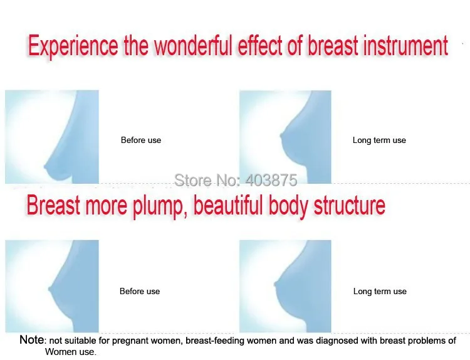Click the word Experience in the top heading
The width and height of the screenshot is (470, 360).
pyautogui.click(x=73, y=46)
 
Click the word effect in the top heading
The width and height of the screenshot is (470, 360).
pyautogui.click(x=260, y=45)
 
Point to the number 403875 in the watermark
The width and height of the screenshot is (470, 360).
pyautogui.click(x=271, y=180)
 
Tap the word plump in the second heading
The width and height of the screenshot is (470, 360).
pyautogui.click(x=158, y=206)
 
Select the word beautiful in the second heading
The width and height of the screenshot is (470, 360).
pyautogui.click(x=228, y=204)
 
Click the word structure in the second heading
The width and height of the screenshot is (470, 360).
pyautogui.click(x=349, y=205)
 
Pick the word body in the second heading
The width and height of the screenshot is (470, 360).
pyautogui.click(x=288, y=206)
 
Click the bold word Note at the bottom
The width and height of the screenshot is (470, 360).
pyautogui.click(x=31, y=340)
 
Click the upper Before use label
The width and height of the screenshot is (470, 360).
pyautogui.click(x=141, y=140)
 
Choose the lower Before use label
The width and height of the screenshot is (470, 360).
pyautogui.click(x=140, y=291)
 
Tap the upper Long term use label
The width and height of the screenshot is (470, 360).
pyautogui.click(x=379, y=140)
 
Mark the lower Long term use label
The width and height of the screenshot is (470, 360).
pyautogui.click(x=380, y=291)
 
